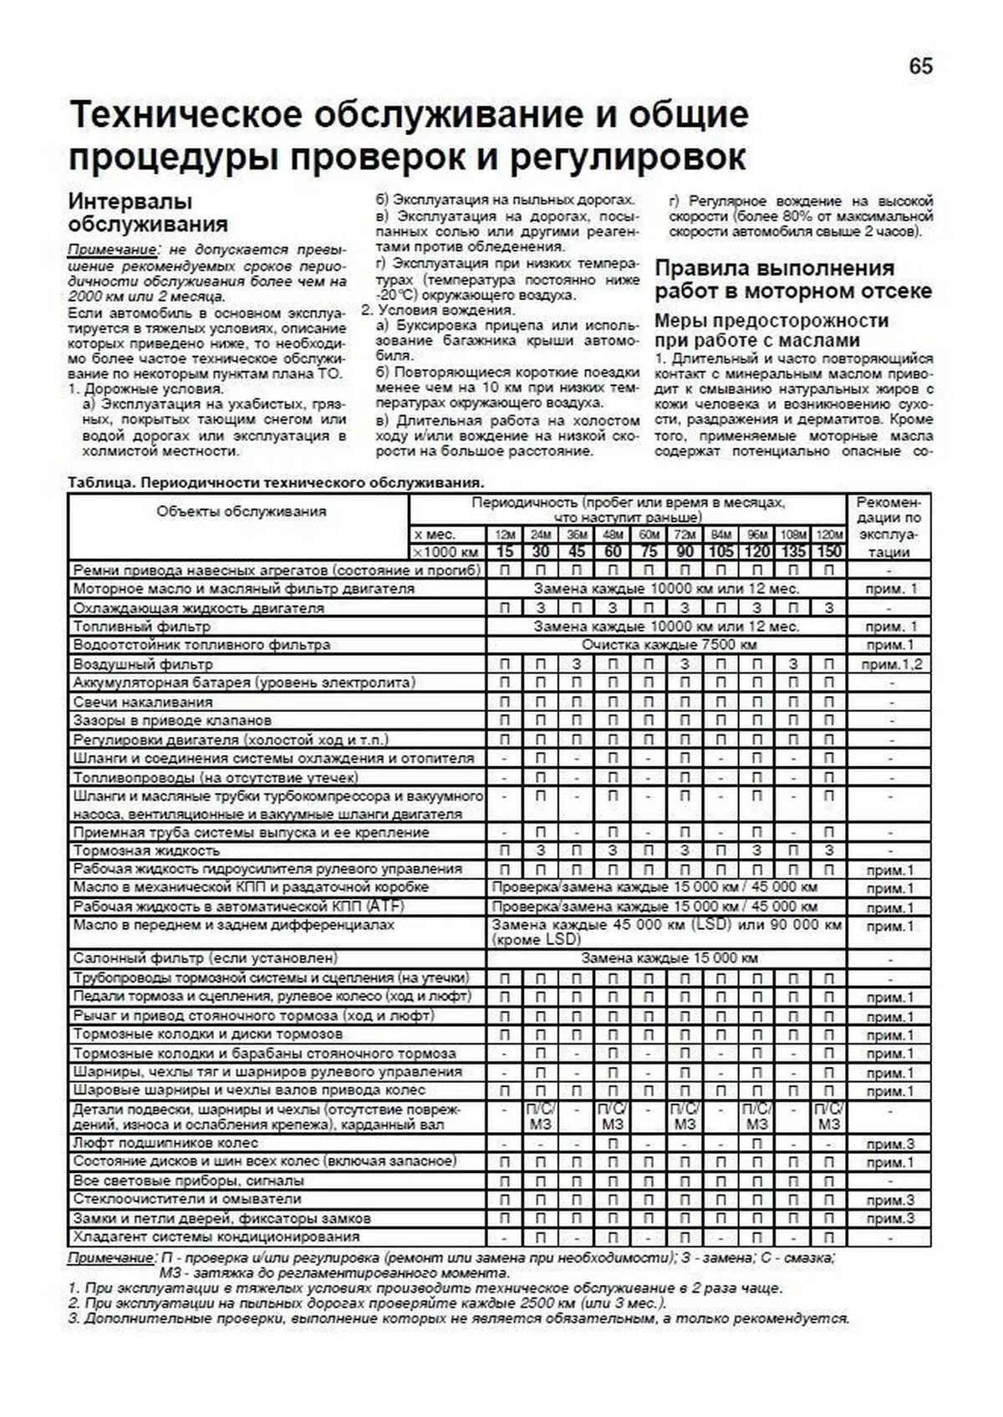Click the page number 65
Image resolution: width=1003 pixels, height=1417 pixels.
920,67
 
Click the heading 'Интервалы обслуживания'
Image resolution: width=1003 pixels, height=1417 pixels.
148,213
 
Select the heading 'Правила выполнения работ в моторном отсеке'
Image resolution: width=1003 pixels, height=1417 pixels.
792,280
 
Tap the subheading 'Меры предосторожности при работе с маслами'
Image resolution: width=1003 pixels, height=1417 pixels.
771,331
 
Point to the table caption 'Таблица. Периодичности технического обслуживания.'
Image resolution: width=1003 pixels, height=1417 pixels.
276,483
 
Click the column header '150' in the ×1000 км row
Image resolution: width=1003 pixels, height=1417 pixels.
828,551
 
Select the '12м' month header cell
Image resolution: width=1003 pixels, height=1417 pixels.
505,535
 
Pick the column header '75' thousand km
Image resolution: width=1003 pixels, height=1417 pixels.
649,551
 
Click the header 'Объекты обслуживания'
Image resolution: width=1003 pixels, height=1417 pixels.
241,511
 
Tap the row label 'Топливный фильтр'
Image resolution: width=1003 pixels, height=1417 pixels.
141,627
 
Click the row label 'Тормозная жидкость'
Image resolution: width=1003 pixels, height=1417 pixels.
146,851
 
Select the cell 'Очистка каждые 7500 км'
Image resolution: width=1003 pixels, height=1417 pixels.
669,645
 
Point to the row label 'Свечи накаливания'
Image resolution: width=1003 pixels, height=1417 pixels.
142,702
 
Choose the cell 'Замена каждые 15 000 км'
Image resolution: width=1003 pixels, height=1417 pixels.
669,958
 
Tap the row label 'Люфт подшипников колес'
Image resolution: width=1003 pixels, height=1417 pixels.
165,1143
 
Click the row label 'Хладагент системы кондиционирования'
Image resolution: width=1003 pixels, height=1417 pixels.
216,1237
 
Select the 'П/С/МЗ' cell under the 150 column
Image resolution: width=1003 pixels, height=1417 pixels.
828,1116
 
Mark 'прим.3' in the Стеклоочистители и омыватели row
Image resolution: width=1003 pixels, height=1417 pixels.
890,1200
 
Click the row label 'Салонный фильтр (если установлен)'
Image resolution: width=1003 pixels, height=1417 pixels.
205,958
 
